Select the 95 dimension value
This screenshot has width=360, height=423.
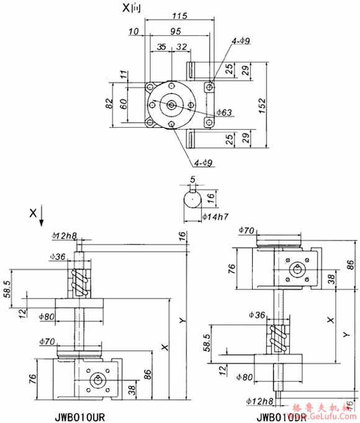[175, 30]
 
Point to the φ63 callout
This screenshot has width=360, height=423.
[225, 113]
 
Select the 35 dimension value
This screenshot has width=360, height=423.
[161, 47]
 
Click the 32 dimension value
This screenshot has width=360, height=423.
[182, 47]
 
